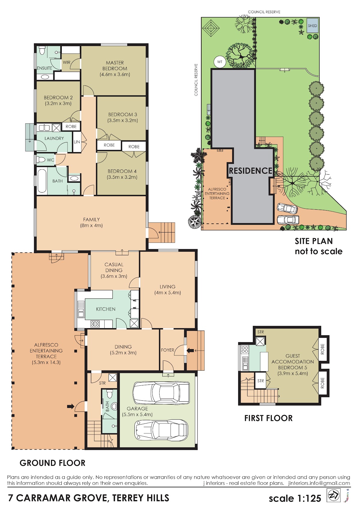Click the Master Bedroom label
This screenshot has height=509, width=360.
(x=115, y=68)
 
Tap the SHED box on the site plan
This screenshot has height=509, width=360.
(x=312, y=26)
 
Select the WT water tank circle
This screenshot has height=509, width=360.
(x=220, y=62)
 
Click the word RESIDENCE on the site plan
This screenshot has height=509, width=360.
(x=250, y=171)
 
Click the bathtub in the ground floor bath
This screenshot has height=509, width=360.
(x=42, y=181)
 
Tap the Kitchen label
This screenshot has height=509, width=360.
(x=106, y=309)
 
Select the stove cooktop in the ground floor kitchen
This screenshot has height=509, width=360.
(x=95, y=324)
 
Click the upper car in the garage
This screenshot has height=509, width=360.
(x=161, y=393)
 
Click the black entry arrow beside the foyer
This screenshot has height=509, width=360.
(x=190, y=351)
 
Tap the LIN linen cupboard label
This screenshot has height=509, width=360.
(x=77, y=142)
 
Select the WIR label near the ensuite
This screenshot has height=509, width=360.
(x=67, y=62)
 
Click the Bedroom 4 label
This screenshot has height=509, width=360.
(x=122, y=174)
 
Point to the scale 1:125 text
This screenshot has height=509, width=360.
(x=295, y=498)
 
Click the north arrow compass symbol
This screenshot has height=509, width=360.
(x=333, y=495)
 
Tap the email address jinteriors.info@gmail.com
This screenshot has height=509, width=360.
(x=319, y=483)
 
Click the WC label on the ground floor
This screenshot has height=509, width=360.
(x=50, y=160)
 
